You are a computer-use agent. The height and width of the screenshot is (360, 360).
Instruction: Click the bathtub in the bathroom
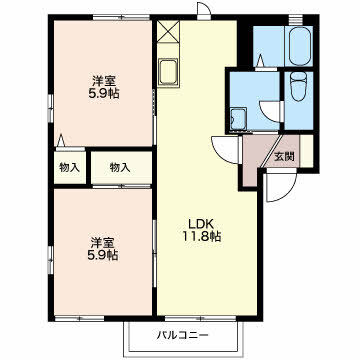[300, 46]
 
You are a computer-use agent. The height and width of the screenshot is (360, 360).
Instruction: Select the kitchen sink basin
[168, 72]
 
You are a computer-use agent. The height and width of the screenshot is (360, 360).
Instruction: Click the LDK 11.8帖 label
[201, 230]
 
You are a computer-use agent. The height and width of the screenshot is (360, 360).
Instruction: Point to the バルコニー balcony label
[183, 335]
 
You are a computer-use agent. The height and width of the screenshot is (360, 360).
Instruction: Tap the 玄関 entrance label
[284, 156]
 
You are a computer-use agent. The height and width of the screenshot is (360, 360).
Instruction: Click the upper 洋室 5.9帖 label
[104, 87]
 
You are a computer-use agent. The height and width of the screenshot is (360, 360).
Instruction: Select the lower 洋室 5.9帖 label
[103, 249]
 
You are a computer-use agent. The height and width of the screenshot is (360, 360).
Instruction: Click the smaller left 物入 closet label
[69, 168]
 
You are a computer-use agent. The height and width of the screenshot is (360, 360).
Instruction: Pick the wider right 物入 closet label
[120, 168]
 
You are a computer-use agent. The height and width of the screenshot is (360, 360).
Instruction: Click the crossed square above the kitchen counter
[168, 32]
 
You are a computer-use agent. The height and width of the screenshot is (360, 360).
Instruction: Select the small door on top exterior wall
[204, 10]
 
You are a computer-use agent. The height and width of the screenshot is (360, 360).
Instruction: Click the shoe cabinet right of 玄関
[307, 151]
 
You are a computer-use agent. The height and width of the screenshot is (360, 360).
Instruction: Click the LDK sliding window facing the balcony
[201, 318]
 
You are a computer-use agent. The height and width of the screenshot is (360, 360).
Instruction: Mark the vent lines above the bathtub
[293, 20]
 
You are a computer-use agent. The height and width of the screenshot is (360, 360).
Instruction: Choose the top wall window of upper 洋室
[121, 18]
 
